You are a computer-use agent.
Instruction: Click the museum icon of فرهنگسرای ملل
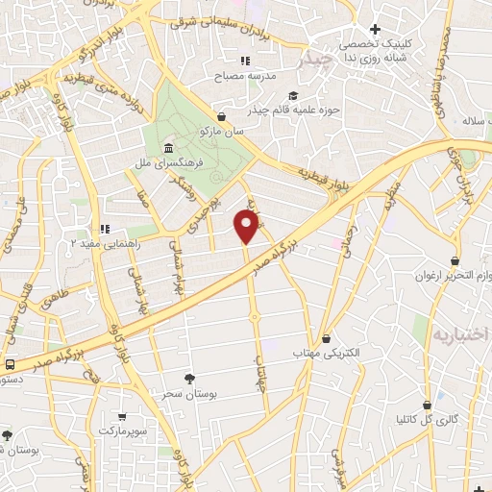[x=169, y=148]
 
